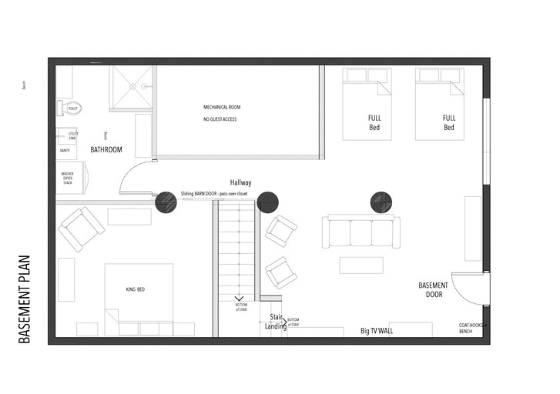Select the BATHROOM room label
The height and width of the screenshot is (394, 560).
106,149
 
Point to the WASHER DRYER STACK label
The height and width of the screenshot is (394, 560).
68,179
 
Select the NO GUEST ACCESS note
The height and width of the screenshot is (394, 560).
220,120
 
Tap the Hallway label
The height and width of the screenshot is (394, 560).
241,182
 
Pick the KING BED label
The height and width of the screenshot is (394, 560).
136,289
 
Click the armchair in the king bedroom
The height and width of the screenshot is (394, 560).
82,229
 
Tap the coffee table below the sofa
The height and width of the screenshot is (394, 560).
361,265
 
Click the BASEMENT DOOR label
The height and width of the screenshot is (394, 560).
433,289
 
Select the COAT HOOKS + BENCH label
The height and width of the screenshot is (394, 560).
471,327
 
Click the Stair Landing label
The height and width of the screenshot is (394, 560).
277,322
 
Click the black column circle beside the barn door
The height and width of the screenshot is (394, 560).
166,202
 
